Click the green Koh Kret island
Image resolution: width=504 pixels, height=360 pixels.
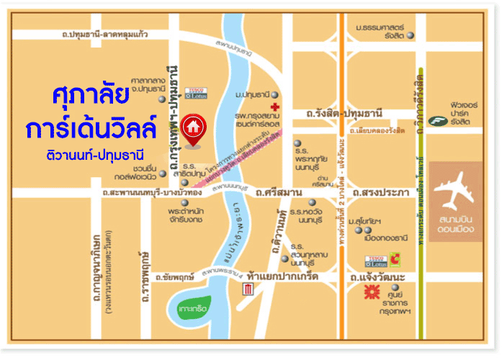(x=192, y=308)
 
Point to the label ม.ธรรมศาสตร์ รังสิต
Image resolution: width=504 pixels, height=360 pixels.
(x=382, y=31)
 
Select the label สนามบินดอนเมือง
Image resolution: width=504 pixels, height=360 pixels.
(x=455, y=225)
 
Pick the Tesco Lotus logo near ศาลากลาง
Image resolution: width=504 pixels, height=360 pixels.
(x=197, y=93)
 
